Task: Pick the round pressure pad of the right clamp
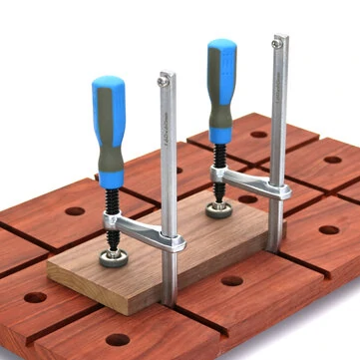(x=218, y=209)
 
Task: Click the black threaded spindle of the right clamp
(x=217, y=185)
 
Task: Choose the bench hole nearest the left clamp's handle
(x=75, y=211)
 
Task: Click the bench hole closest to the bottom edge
(x=118, y=339)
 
